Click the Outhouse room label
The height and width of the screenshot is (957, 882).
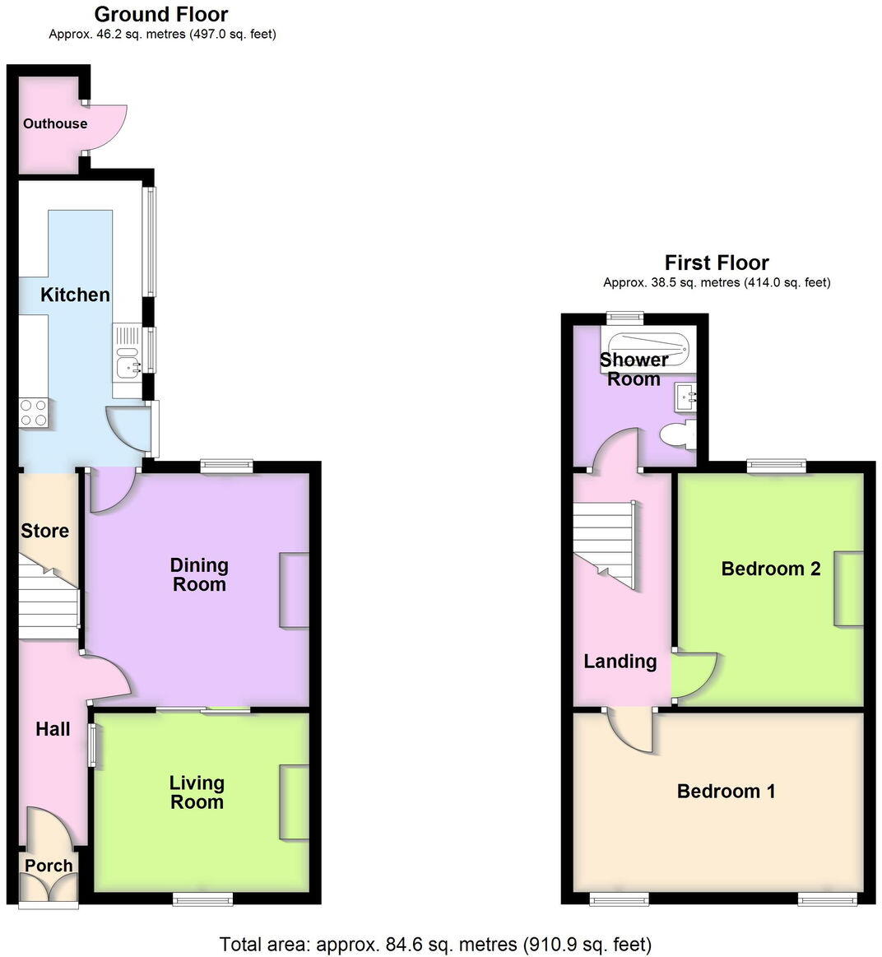55,123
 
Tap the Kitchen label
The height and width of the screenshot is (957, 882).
75,295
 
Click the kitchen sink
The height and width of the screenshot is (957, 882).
128,362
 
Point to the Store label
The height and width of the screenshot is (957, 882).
44,531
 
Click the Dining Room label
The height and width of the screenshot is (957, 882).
198,574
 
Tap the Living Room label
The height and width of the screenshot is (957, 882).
197,792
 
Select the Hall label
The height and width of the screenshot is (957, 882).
53,729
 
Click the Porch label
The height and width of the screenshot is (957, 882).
49,866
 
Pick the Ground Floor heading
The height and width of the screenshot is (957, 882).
161,14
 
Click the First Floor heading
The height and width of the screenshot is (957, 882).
716,262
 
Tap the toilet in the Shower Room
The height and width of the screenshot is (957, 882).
678,434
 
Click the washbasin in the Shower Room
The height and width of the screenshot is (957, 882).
685,397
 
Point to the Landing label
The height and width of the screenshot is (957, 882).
620,662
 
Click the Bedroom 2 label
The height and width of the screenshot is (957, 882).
770,569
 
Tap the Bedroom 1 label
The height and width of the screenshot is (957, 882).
726,792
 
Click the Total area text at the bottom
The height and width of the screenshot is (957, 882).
435,944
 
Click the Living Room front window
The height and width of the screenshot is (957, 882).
202,900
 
